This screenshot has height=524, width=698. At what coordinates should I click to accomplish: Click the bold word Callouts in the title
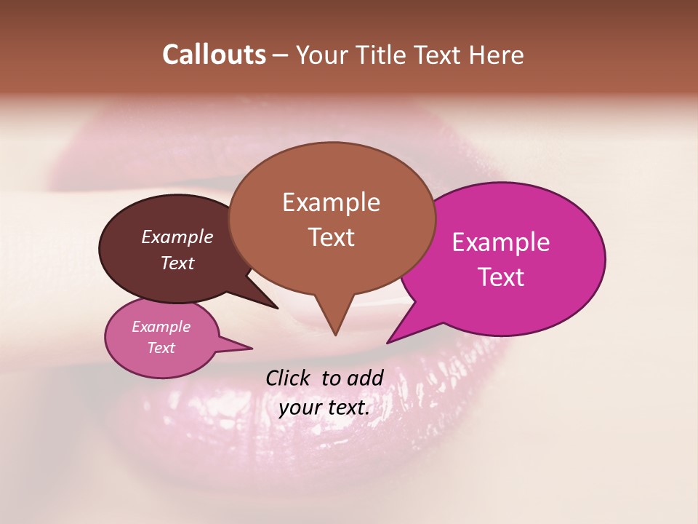tap(214, 55)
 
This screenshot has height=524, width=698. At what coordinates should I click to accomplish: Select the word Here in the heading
tap(496, 55)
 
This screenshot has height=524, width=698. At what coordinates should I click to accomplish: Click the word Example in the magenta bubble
tap(501, 242)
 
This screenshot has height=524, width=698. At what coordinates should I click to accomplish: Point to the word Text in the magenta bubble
tap(501, 277)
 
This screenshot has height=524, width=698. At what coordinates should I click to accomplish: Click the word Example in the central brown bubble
tap(331, 202)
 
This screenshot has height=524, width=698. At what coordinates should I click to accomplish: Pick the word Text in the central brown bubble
tap(331, 237)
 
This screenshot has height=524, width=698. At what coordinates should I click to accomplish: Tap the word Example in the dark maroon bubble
tap(177, 237)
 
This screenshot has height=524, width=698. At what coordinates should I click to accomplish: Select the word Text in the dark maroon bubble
tap(177, 263)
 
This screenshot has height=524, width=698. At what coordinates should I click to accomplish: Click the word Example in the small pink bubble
tap(161, 327)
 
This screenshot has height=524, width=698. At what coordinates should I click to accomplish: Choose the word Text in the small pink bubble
tap(161, 348)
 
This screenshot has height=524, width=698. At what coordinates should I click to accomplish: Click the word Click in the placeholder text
tap(288, 378)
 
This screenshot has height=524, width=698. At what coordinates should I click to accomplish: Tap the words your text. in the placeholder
tap(324, 408)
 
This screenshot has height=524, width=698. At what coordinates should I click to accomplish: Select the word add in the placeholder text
tap(365, 378)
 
